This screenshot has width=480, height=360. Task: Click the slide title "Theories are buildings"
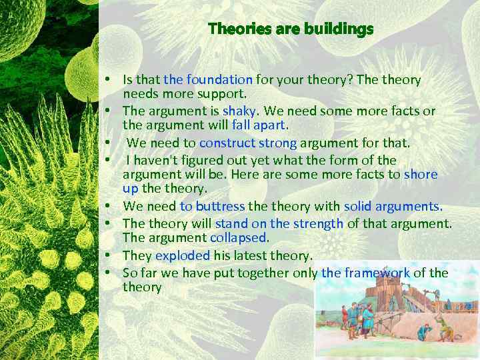pyautogui.click(x=290, y=29)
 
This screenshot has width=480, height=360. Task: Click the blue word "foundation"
pyautogui.click(x=219, y=80)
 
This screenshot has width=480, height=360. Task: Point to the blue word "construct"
pyautogui.click(x=227, y=143)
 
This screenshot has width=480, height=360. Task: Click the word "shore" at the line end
pyautogui.click(x=421, y=175)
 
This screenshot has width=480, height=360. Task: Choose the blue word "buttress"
pyautogui.click(x=220, y=206)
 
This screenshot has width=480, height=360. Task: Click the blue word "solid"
pyautogui.click(x=359, y=206)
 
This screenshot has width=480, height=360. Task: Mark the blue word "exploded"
pyautogui.click(x=182, y=255)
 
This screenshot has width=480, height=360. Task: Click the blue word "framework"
pyautogui.click(x=376, y=273)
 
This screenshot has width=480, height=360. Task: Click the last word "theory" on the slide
pyautogui.click(x=142, y=287)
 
